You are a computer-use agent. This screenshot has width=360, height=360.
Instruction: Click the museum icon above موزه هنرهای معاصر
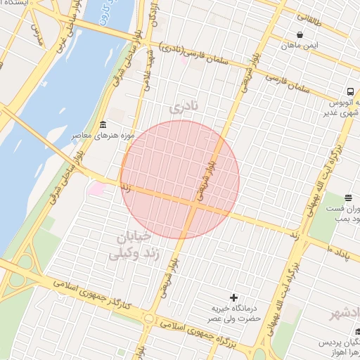(x=103, y=124)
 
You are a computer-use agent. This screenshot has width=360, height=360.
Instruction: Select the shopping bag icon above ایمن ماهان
(x=300, y=34)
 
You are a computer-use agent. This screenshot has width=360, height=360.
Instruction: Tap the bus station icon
(x=349, y=92)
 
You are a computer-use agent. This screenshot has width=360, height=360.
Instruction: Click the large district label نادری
(x=185, y=108)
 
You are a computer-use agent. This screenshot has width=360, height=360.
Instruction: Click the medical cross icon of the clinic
(x=234, y=298)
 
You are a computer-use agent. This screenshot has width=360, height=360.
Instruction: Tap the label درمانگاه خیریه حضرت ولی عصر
(x=237, y=314)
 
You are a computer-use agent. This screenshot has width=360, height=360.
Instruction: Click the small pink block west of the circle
(x=97, y=189)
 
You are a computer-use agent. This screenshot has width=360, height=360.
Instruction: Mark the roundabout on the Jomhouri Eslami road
(x=148, y=319)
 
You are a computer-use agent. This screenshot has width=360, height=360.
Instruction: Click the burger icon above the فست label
(x=349, y=198)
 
